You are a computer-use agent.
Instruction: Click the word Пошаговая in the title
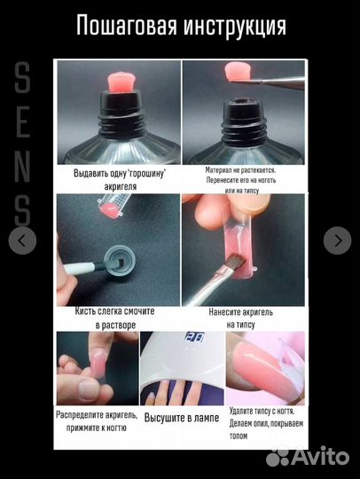coord(127,26)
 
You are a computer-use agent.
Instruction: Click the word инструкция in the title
coord(234,27)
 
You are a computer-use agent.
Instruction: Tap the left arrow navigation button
coord(22,240)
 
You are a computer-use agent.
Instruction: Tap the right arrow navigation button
coord(338,240)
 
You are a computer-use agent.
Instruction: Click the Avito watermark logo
coord(307,457)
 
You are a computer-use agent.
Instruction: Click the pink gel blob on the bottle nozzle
coord(121,82)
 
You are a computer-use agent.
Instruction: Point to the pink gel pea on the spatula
coord(238,71)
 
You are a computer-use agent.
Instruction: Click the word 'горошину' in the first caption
coord(147,173)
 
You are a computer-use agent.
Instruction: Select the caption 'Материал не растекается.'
coord(241,170)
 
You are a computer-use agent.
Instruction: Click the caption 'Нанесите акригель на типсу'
coord(241,318)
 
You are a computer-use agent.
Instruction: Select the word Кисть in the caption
coord(86,311)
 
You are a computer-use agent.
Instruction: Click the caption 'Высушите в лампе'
coord(182,418)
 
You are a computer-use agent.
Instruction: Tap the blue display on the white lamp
coord(194,337)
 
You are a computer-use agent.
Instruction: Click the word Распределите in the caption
coord(80,415)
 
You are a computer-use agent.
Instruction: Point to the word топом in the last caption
coord(239,436)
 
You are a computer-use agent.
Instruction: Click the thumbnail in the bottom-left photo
coord(89,390)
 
